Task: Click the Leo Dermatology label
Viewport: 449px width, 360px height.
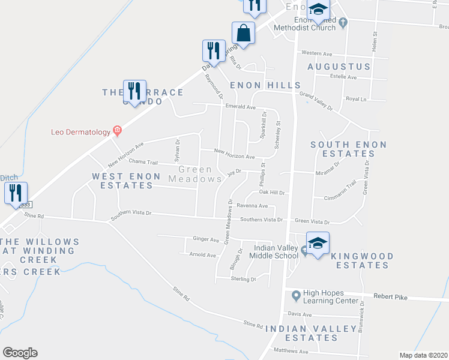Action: [x=80, y=131]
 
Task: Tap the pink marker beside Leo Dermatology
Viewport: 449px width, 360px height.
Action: [x=117, y=131]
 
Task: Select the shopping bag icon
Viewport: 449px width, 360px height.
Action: [x=244, y=33]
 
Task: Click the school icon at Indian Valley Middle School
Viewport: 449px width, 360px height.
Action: [x=318, y=242]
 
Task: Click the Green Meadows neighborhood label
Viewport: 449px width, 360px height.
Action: [x=195, y=174]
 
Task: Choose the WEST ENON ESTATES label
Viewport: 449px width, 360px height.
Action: [x=127, y=181]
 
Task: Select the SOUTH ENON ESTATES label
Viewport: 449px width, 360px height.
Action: [x=349, y=149]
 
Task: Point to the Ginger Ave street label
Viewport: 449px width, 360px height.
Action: [x=206, y=239]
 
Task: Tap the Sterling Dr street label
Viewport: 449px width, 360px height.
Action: [x=244, y=279]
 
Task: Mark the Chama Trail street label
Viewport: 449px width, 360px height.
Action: [x=143, y=162]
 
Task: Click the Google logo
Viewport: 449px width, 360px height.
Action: [x=20, y=353]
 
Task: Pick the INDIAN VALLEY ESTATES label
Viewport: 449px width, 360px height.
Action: [x=302, y=333]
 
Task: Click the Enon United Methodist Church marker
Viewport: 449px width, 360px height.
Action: [x=343, y=23]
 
